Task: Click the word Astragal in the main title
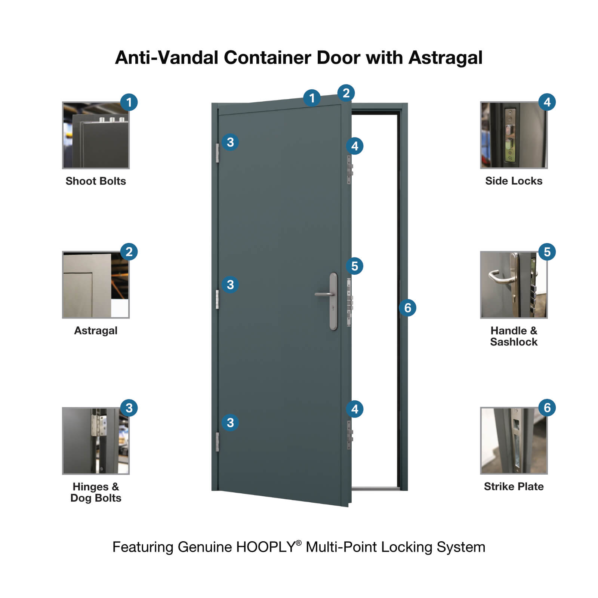click(x=445, y=58)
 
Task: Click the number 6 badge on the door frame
click(x=407, y=308)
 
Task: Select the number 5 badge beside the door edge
click(x=354, y=266)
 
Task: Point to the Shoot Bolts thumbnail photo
click(x=96, y=135)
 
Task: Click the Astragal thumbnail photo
click(x=96, y=285)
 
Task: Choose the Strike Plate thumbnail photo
click(x=514, y=441)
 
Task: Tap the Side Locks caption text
click(x=514, y=181)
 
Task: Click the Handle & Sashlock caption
click(x=514, y=336)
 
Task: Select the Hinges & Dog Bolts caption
click(x=96, y=492)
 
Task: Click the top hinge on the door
click(x=217, y=153)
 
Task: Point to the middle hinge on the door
click(x=217, y=299)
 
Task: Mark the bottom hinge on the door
click(x=217, y=442)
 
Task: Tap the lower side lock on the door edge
click(x=349, y=435)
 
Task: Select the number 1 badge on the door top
click(x=312, y=98)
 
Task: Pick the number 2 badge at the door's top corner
click(x=346, y=93)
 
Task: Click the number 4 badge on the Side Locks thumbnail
click(x=547, y=102)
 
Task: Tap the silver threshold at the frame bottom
click(x=376, y=488)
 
